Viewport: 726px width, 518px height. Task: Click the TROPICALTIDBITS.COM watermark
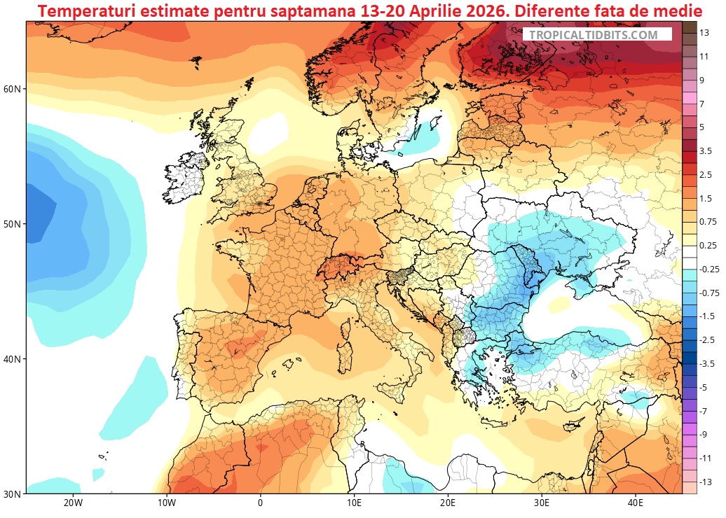593,34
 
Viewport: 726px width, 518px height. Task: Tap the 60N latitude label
13,89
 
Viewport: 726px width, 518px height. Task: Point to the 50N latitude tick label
13,224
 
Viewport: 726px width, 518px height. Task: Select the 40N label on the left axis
13,359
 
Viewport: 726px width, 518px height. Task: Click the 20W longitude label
73,502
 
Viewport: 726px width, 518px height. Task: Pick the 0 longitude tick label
260,502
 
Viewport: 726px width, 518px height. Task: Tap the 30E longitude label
542,502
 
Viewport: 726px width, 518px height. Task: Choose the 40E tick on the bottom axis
636,502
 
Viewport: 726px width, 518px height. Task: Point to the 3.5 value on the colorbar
706,150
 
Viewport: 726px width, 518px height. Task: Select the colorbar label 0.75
708,222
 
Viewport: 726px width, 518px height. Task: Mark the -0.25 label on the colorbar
709,269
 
